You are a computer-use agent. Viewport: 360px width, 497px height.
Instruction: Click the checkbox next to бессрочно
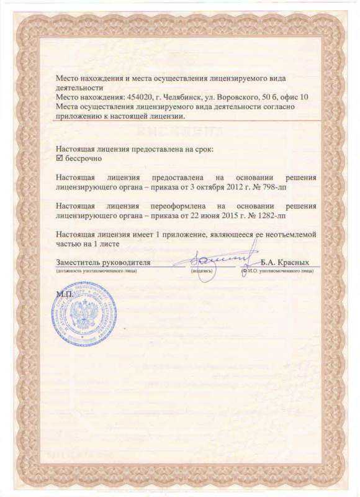click(x=60, y=159)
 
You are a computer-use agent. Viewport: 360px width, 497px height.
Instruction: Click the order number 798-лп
click(x=271, y=186)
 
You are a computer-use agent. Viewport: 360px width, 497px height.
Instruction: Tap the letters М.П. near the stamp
click(x=63, y=292)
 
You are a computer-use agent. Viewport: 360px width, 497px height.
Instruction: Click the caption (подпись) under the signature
click(x=202, y=271)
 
